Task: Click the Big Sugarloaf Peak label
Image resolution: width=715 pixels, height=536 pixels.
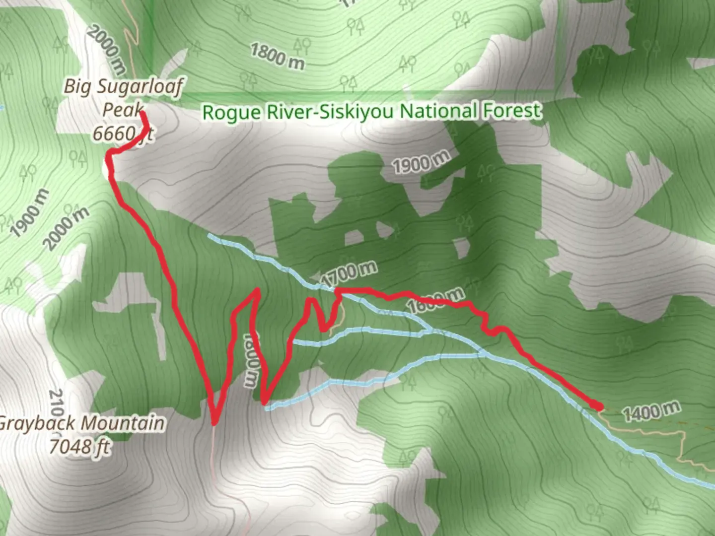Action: click(x=123, y=97)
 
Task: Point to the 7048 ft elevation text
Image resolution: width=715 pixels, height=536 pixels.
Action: click(x=79, y=446)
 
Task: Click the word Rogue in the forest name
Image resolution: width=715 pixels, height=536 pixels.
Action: click(x=231, y=112)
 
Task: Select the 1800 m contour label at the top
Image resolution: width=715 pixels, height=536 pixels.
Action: click(x=277, y=56)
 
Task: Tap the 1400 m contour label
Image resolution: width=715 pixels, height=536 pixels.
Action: click(x=650, y=411)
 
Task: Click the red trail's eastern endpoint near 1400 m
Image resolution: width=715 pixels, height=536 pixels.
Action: click(x=600, y=407)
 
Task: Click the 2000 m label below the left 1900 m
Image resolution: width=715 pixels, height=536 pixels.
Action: click(x=67, y=228)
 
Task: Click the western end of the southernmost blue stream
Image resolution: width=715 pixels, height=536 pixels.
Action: click(x=267, y=408)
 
